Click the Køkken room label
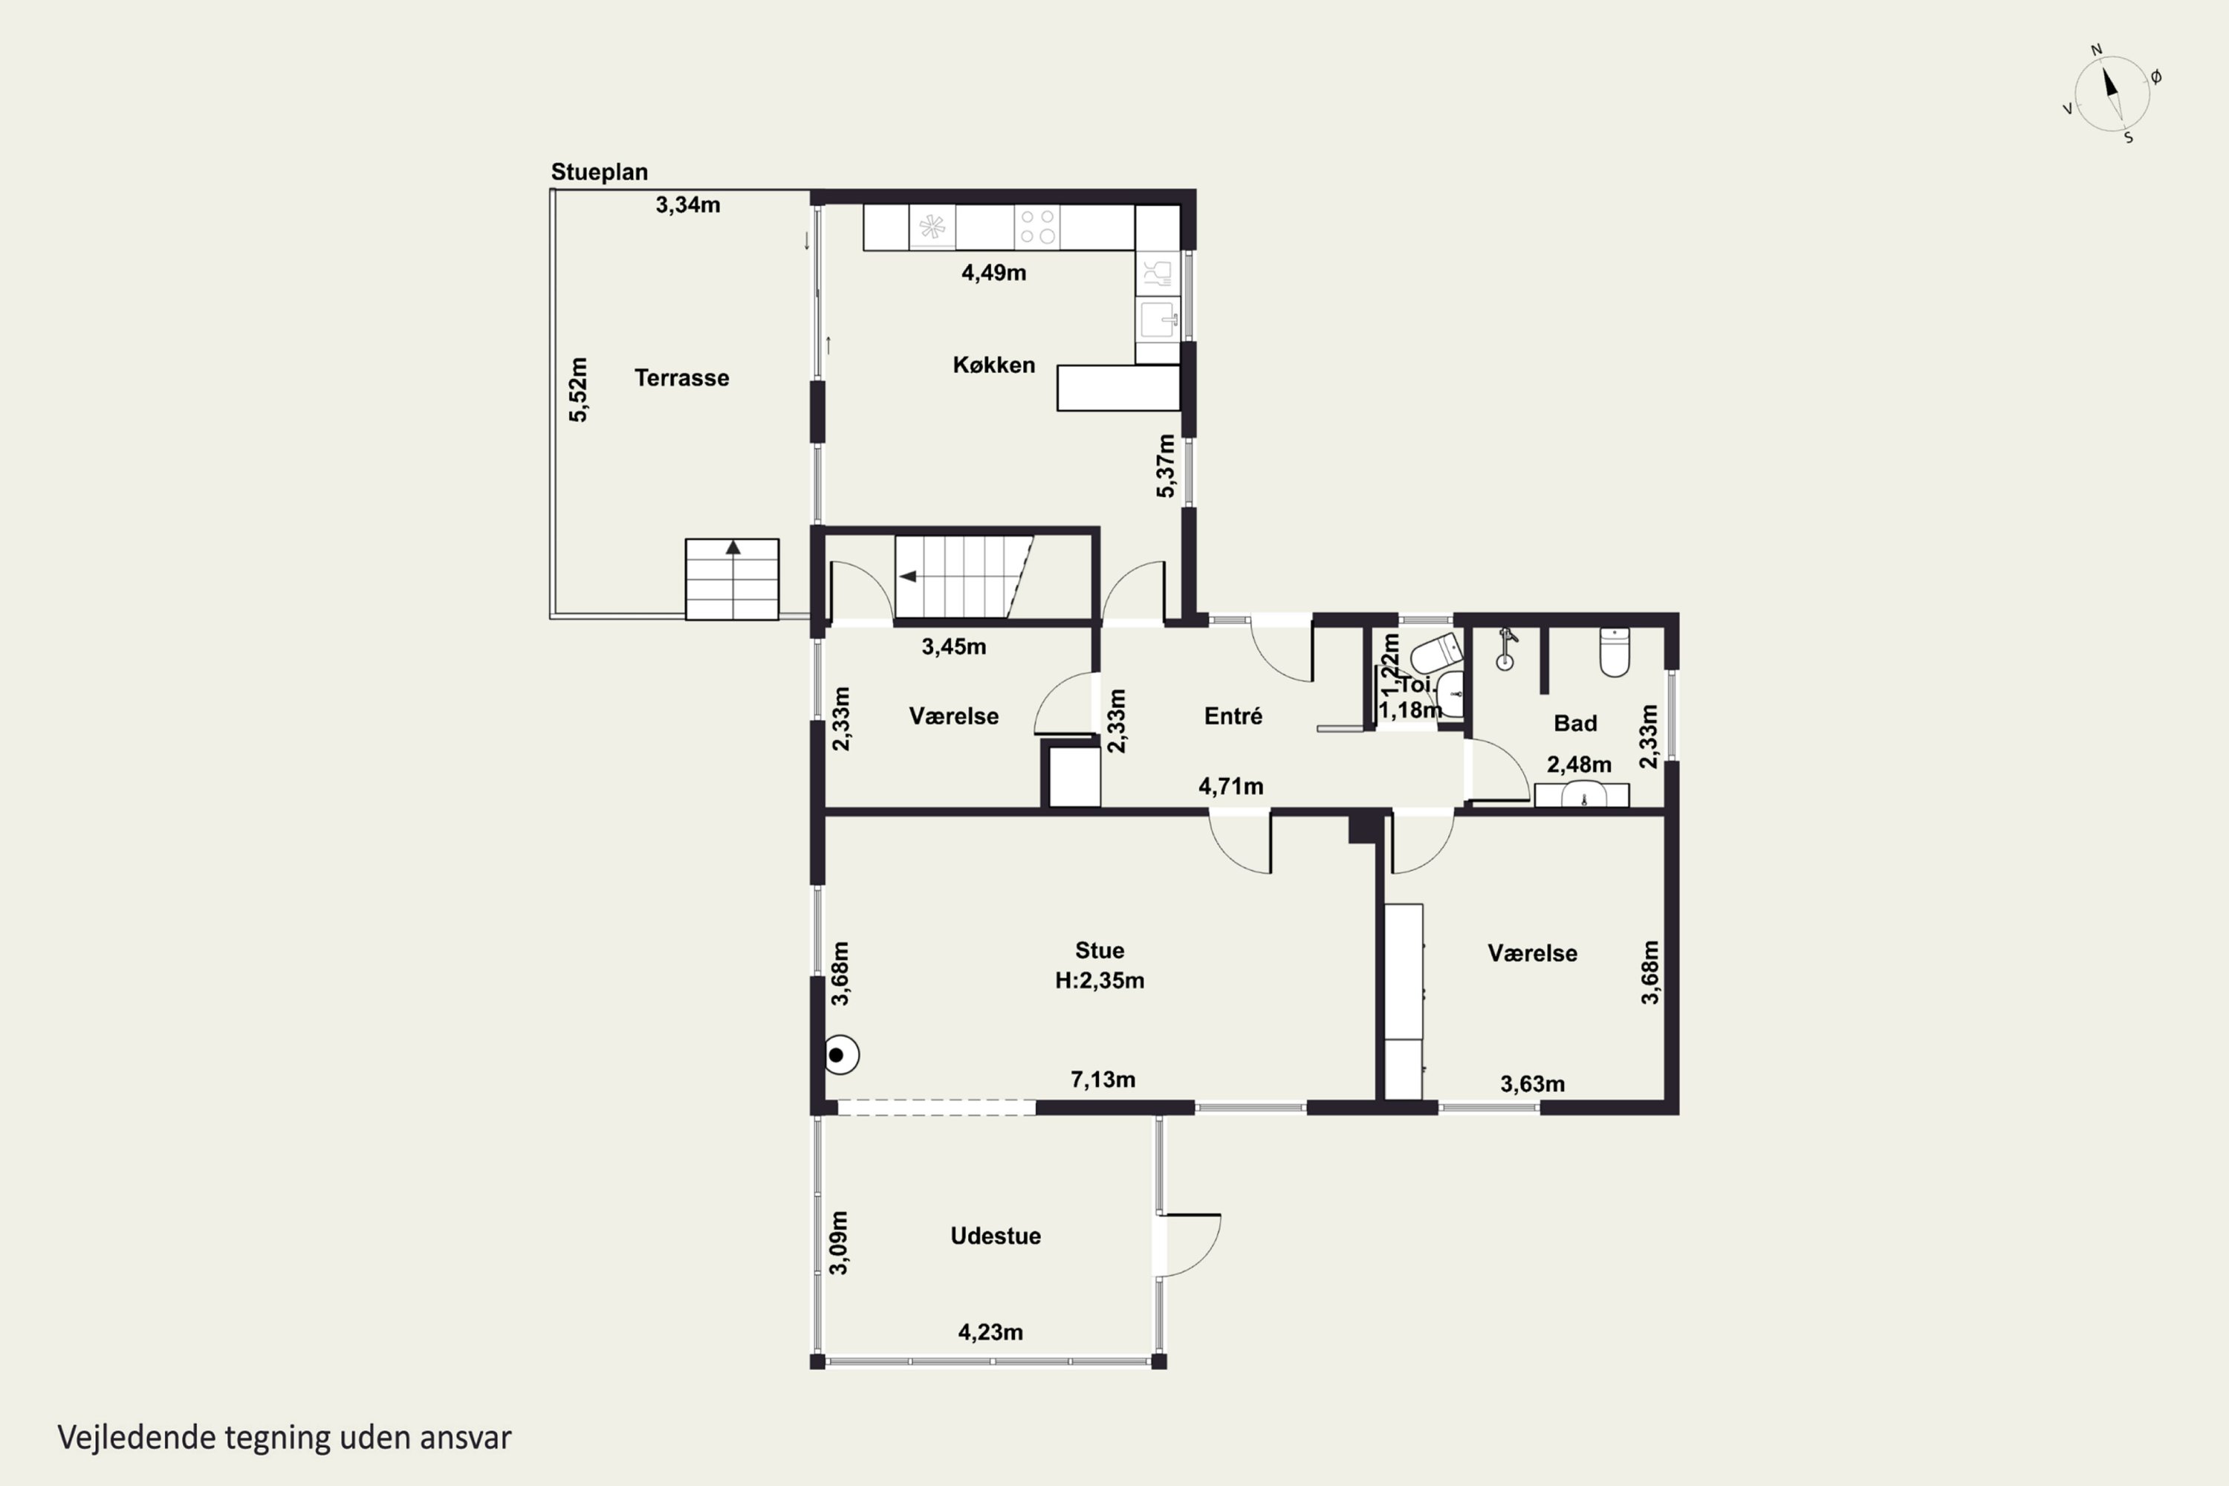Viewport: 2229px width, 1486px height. click(993, 365)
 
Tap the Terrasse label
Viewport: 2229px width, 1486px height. click(681, 378)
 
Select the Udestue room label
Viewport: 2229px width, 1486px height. click(995, 1236)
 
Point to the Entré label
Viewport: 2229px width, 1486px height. click(1233, 716)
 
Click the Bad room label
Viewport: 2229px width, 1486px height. click(1575, 723)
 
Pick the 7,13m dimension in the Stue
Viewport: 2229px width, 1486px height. click(1102, 1080)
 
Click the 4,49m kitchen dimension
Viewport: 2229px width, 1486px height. click(993, 273)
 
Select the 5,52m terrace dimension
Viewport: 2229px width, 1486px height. click(578, 389)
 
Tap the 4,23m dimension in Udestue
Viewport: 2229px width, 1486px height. click(990, 1332)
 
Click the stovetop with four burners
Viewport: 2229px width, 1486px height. click(1036, 227)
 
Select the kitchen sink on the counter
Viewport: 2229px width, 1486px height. click(1158, 319)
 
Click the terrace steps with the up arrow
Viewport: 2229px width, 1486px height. click(732, 579)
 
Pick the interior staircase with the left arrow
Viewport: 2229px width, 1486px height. click(964, 577)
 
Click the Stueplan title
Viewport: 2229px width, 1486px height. click(599, 172)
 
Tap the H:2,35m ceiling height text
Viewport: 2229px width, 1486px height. click(1100, 981)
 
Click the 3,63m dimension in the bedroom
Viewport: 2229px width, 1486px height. click(1531, 1084)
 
